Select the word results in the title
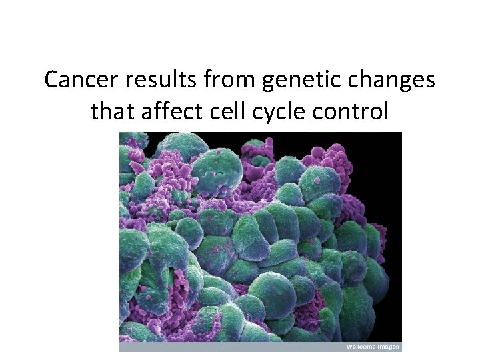[x=155, y=81]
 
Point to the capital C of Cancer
[x=53, y=81]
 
